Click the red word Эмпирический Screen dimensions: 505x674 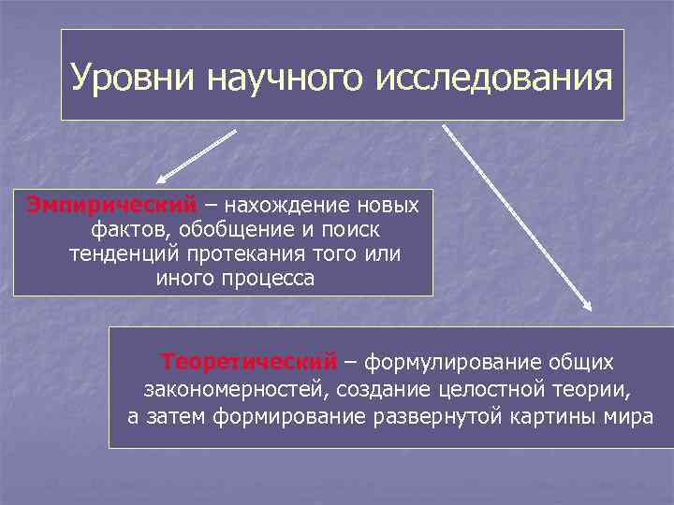tap(111, 205)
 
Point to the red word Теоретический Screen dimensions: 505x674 tap(249, 362)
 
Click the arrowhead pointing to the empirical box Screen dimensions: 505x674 tap(161, 179)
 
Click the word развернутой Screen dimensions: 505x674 tap(439, 416)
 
